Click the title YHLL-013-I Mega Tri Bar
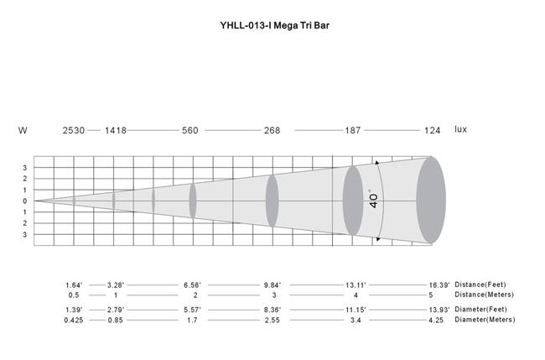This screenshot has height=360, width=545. point(274,25)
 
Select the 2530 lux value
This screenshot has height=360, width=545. point(74,130)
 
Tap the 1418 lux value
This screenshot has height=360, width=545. point(116,130)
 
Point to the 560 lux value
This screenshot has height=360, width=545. point(190,130)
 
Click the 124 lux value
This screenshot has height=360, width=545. point(432,130)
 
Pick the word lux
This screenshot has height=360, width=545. point(461,129)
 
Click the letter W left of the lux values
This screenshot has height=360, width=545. point(23,130)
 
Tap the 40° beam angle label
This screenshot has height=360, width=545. point(374,200)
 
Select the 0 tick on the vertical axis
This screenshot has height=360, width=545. point(24,201)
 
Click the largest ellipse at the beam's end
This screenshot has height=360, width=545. point(431,200)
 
